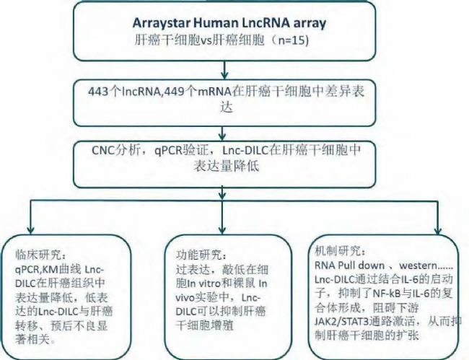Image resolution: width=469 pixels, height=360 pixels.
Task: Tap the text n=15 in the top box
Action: coord(292,40)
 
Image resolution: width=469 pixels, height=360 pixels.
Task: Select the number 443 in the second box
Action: coord(98,91)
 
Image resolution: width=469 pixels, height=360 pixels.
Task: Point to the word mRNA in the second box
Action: coord(214,91)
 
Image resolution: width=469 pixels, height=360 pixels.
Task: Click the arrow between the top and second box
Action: coord(224,70)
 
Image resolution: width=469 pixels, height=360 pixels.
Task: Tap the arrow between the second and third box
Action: coord(222,133)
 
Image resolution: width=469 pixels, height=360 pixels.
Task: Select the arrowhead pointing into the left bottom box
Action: coord(30,229)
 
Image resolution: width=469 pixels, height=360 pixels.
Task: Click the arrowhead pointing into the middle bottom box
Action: coord(222,229)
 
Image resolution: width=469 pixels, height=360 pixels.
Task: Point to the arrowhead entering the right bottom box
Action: coord(438,230)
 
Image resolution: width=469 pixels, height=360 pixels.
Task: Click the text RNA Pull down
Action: coord(350,265)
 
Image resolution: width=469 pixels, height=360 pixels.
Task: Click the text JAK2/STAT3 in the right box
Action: coord(341,322)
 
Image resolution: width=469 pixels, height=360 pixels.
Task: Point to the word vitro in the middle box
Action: coord(209,283)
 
